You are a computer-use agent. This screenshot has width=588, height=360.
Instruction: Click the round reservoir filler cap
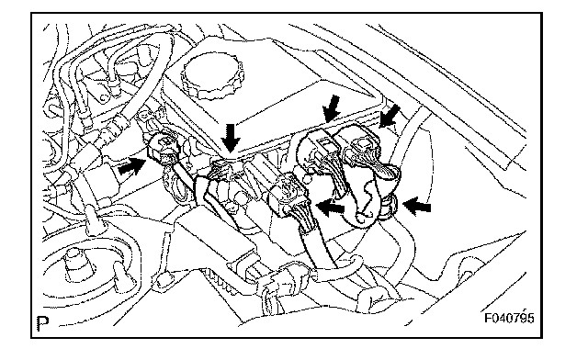click(x=212, y=75)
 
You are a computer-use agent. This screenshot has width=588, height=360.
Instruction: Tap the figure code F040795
click(x=509, y=318)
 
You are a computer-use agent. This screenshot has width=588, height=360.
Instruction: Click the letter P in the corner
click(x=43, y=323)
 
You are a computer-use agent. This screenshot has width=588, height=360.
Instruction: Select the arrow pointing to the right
click(x=131, y=166)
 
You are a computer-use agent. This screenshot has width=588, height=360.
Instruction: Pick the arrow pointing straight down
click(x=230, y=138)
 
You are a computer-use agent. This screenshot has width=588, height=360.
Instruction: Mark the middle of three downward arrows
click(x=332, y=108)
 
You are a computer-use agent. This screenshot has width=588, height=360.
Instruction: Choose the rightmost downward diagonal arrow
click(x=390, y=116)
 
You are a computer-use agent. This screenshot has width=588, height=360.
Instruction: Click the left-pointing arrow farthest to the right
click(x=416, y=207)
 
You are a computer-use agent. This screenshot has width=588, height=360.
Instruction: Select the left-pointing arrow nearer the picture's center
click(x=331, y=207)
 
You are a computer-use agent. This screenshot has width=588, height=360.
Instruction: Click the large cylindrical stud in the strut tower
click(x=78, y=265)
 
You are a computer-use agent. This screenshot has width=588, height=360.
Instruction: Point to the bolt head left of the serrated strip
click(x=164, y=280)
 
